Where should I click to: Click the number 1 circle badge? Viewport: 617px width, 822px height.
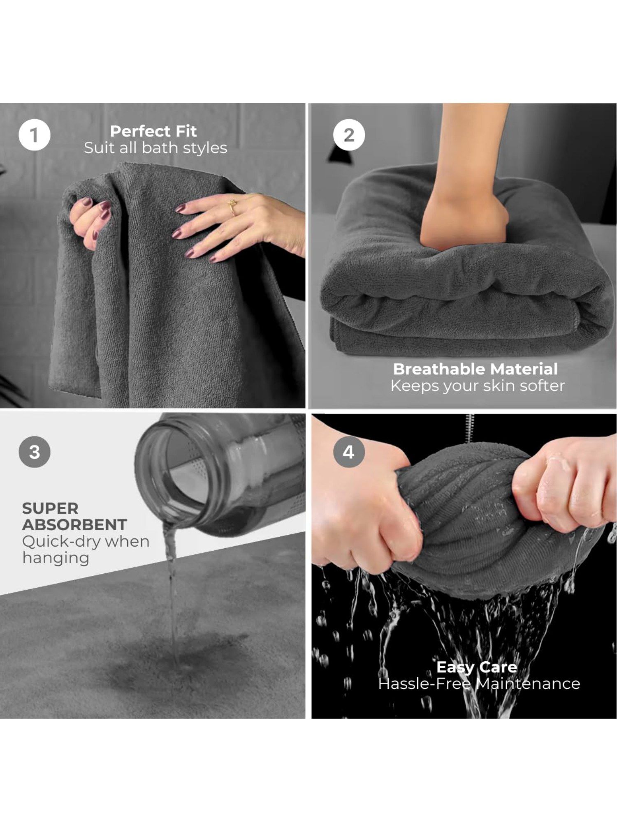point(35,135)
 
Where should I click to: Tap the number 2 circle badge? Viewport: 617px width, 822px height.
point(349,135)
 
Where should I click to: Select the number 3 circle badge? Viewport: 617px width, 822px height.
point(35,452)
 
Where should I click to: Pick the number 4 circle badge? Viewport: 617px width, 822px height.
point(349,452)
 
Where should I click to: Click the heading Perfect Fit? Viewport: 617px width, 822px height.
point(153,131)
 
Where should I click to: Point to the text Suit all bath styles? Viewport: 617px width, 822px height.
point(155,148)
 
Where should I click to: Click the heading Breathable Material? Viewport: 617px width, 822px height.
point(476,369)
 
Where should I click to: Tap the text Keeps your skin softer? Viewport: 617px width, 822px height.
point(478,386)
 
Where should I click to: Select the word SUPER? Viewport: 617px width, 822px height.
point(50,508)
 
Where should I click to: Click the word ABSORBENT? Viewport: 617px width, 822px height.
point(74,525)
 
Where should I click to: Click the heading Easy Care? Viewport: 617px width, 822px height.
point(476,667)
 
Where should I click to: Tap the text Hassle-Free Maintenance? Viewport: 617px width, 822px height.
point(479,683)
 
